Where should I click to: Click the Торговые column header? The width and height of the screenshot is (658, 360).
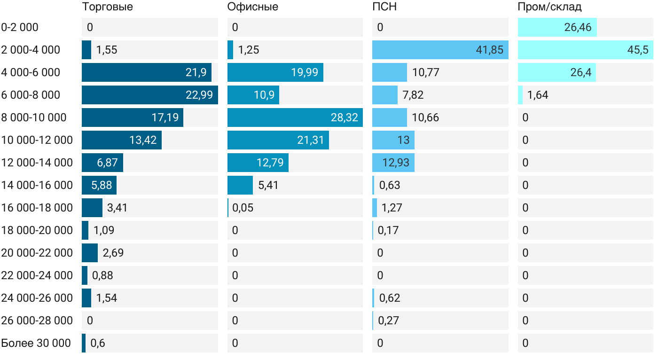coord(107,7)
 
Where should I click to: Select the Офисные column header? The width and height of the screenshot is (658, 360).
coord(252,7)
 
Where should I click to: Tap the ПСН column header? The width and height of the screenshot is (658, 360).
coord(381,7)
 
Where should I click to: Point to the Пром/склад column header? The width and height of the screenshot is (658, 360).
coord(549,7)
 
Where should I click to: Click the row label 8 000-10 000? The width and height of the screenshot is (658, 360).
coord(33,117)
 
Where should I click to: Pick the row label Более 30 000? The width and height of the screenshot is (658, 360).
coord(36,343)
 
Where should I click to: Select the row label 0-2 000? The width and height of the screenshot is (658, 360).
coord(20,27)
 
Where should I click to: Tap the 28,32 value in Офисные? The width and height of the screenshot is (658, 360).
coord(345,117)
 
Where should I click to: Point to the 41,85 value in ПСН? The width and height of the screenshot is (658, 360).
coord(489,50)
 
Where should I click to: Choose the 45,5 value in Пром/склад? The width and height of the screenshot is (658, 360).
coord(638,50)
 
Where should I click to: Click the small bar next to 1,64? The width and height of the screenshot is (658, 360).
coord(520,95)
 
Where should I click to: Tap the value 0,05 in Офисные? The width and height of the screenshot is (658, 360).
coord(243,208)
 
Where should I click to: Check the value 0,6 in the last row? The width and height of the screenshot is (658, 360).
coord(98,343)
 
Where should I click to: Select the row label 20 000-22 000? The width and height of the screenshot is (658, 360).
coord(37,253)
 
